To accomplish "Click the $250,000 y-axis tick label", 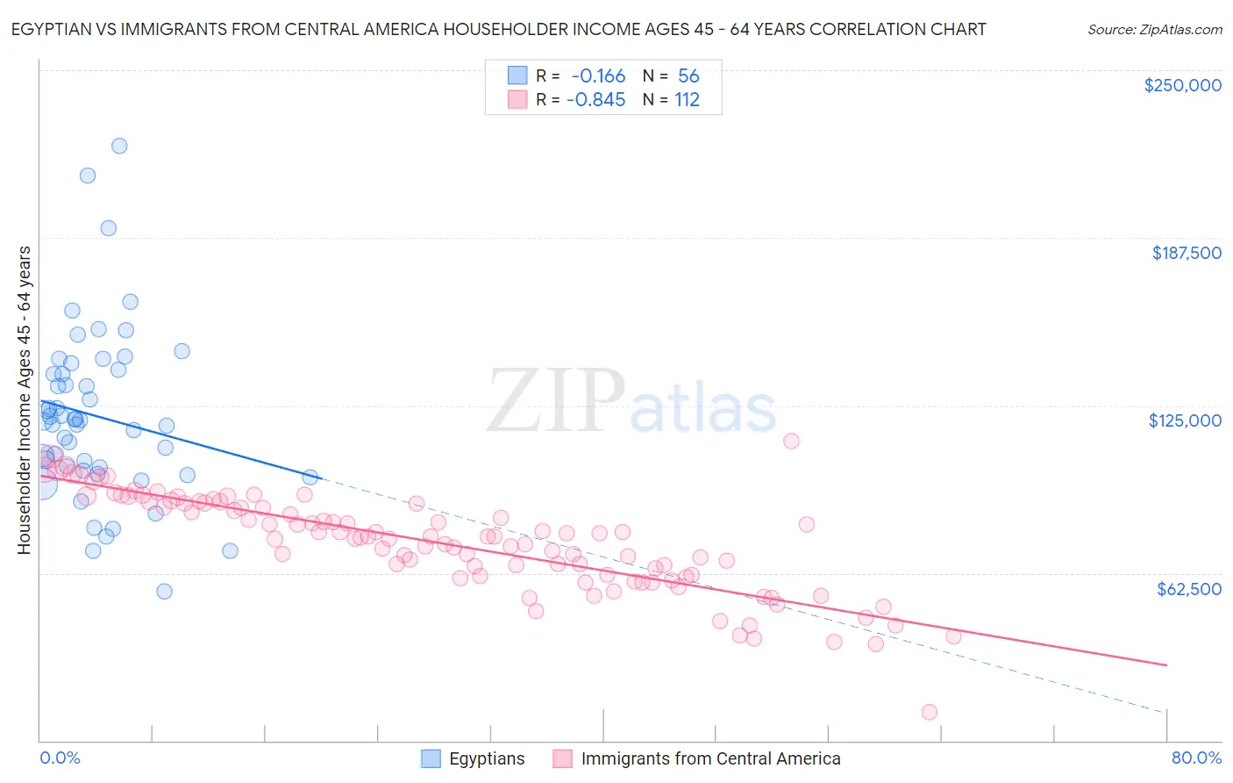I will click(1182, 85).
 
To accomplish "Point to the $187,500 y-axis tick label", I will click(1186, 253).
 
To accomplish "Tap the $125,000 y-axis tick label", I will click(1185, 420).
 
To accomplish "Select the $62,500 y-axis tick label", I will click(1188, 589).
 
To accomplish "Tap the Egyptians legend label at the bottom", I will click(487, 759).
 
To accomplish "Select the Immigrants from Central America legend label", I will click(710, 759).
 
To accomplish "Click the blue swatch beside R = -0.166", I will click(518, 75).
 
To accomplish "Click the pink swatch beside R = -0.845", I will click(518, 100).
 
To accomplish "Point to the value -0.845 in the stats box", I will click(596, 100).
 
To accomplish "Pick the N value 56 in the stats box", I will click(688, 75).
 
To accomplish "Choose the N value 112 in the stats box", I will click(687, 100).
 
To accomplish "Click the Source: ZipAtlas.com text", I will click(1154, 29).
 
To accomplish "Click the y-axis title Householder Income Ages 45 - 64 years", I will click(24, 400).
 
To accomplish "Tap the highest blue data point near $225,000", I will click(119, 146).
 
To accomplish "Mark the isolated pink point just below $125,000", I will click(791, 441).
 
